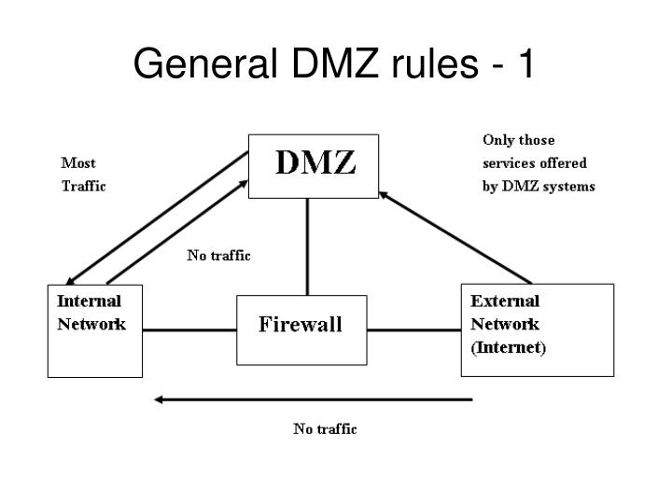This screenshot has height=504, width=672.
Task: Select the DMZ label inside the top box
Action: pos(315,164)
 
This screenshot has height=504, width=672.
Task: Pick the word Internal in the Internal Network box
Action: pos(89,301)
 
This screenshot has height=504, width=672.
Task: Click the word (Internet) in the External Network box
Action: pos(509,348)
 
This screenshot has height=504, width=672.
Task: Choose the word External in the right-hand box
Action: pos(505,301)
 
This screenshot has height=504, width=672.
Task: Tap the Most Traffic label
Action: pos(83,174)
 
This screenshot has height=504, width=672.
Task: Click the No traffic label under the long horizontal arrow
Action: pos(325,429)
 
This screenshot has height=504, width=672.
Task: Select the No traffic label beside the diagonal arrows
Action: pos(218,255)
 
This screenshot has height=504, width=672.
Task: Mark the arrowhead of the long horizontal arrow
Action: pos(160,399)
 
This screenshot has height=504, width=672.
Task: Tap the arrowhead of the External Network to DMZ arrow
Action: pos(383,193)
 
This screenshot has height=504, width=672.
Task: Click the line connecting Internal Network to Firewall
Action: pos(189,329)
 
